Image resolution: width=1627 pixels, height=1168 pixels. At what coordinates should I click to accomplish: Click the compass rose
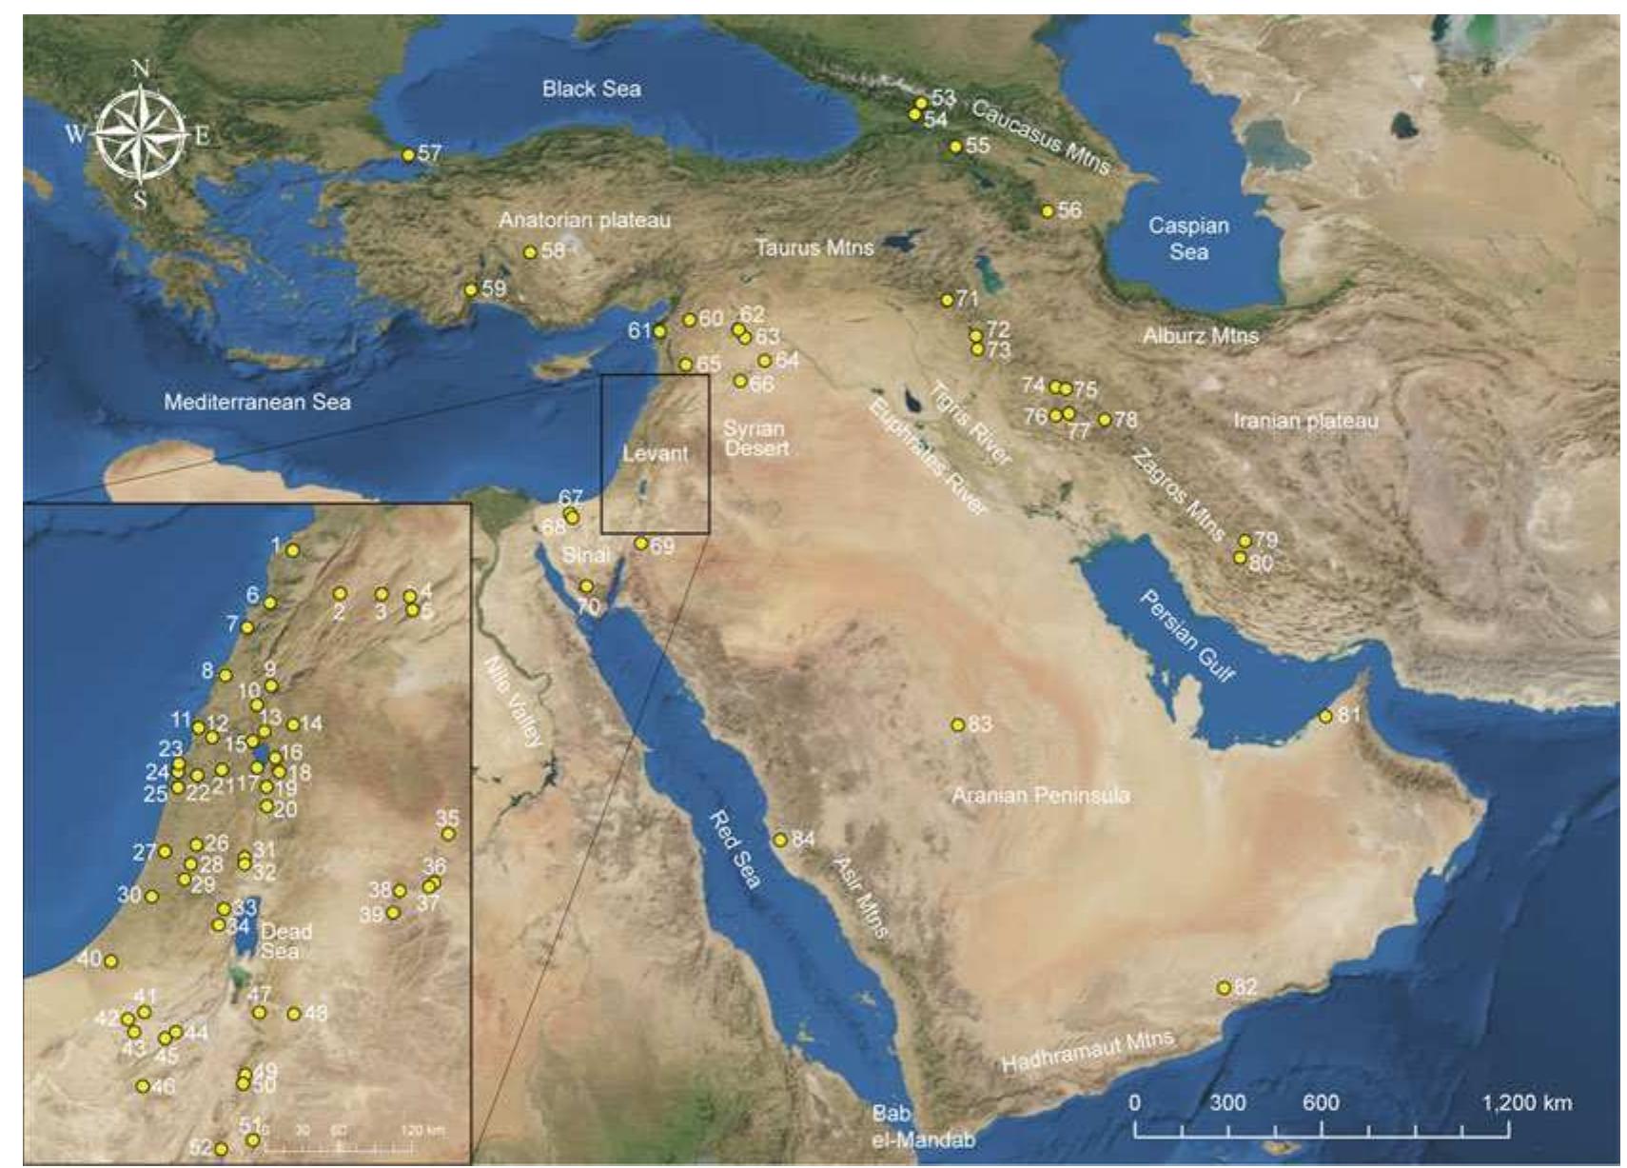(141, 132)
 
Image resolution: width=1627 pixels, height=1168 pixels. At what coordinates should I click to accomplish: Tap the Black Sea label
(591, 89)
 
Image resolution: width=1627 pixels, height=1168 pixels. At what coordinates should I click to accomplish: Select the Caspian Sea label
(1188, 238)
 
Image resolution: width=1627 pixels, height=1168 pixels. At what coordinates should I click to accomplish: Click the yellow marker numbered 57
(408, 155)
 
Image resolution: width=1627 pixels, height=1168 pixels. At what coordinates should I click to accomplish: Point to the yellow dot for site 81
(1325, 716)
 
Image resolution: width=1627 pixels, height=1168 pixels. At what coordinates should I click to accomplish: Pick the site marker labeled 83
(958, 725)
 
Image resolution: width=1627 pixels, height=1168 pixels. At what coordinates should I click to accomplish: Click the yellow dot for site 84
(780, 840)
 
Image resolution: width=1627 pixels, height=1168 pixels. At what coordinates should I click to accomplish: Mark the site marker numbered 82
(1224, 988)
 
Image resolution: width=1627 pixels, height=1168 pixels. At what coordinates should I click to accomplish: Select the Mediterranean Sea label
(257, 402)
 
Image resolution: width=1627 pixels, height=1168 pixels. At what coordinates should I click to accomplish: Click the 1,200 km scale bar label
(1526, 1102)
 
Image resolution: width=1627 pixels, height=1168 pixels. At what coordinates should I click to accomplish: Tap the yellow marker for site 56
(1048, 211)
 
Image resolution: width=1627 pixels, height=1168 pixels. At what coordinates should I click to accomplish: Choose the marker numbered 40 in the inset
(110, 961)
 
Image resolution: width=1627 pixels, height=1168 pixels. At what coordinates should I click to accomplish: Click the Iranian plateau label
(1305, 420)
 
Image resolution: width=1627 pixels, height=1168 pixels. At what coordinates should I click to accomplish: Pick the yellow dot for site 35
(448, 834)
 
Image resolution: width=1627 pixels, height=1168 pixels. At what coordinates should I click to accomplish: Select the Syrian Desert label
(756, 438)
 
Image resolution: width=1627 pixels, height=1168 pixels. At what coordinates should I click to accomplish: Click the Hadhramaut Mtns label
(1088, 1052)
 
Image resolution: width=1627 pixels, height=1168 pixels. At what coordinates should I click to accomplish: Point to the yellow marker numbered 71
(947, 301)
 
